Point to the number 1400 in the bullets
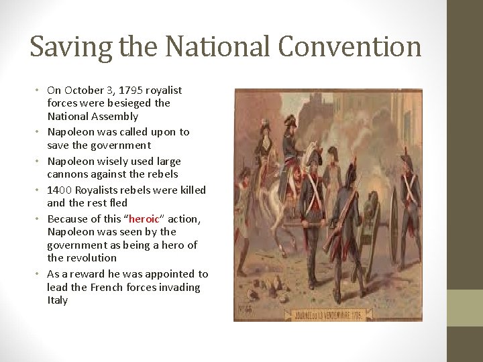pos(58,190)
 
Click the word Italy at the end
pos(57,300)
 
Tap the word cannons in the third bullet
pos(64,174)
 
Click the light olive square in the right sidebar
pos(465,308)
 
